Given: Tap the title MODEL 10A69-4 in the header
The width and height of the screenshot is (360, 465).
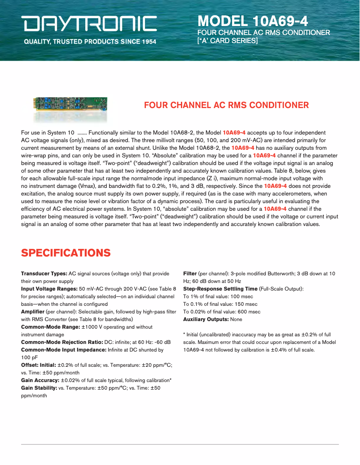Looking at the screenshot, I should [253, 21].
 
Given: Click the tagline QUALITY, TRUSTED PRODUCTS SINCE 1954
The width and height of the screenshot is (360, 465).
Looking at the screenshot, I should [90, 42].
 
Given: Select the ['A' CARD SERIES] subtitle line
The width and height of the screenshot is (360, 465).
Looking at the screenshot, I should [228, 40].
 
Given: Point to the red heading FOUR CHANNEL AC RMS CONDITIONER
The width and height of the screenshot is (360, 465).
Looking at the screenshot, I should [226, 105].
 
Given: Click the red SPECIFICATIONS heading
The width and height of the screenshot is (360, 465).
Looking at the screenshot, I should [66, 252].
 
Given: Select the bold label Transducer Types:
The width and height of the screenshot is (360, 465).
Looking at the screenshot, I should [44, 274].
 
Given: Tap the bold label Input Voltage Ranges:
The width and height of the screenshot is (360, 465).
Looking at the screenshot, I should [49, 289].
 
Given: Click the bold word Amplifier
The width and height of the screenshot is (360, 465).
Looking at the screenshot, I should [33, 312].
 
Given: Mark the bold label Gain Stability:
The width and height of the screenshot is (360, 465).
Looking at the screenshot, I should [39, 388].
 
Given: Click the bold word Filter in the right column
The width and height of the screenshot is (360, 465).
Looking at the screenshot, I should [190, 274].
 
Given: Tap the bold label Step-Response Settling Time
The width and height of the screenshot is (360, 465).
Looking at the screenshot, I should [220, 289].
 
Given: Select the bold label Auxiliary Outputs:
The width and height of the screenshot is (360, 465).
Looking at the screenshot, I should [206, 319].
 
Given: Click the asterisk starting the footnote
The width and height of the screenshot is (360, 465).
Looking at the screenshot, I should [184, 335].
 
